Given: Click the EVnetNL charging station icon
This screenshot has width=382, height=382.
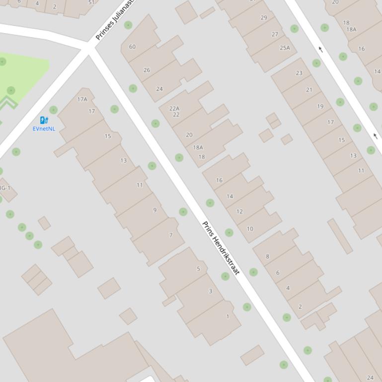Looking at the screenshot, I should click(44, 120).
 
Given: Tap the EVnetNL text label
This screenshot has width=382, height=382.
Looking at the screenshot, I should click(44, 129).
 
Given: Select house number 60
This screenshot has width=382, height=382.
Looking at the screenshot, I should click(132, 47).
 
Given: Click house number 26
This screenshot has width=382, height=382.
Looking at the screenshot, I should click(147, 70).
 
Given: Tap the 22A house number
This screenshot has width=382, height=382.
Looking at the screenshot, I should click(174, 109).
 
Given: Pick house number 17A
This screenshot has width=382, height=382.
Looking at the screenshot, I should click(82, 99).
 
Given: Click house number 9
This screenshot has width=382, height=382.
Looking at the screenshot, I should click(154, 210).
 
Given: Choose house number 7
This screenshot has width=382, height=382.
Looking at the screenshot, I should click(171, 235).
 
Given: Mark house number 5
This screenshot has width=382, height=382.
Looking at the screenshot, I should click(198, 269).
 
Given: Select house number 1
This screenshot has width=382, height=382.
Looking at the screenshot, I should click(228, 317).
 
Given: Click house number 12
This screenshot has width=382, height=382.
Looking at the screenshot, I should click(239, 212).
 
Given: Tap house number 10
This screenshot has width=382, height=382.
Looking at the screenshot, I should click(250, 229).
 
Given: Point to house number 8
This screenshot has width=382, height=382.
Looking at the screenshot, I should click(267, 256).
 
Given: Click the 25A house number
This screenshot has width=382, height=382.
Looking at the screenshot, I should click(285, 48).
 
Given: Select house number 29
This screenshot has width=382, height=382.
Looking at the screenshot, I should click(264, 18).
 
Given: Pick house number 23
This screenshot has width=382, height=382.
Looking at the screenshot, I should click(299, 73).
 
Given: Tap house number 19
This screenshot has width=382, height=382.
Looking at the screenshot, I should click(320, 106).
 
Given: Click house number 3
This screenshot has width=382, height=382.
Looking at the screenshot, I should click(210, 291).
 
